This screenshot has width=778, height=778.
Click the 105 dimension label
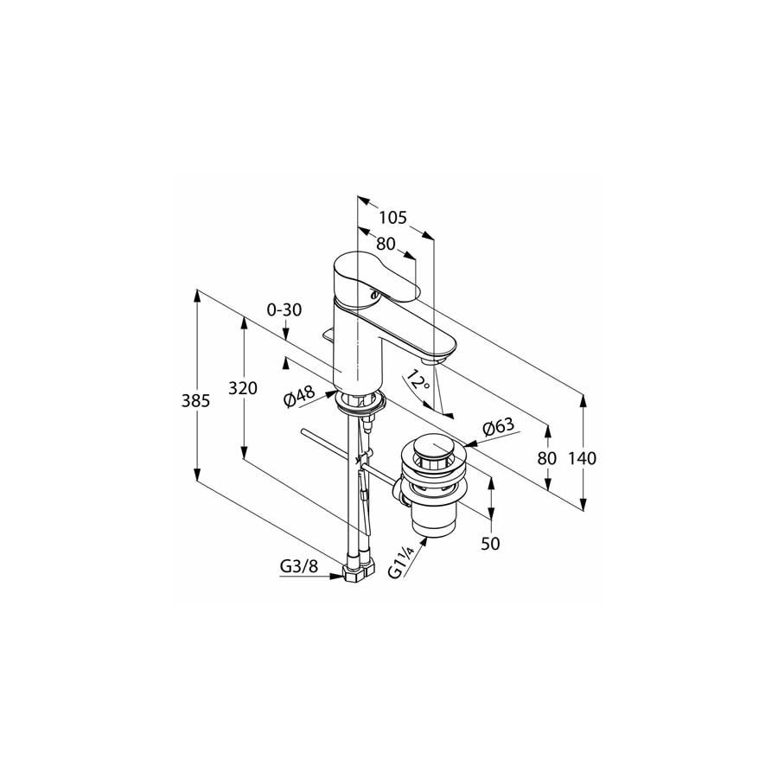393,217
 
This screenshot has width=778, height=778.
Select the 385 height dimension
195,400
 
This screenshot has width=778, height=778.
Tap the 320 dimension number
243,387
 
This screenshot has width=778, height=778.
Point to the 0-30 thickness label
284,309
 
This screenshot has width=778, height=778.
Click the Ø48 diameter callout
299,397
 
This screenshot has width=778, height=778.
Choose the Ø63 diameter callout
498,428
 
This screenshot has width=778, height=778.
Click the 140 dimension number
582,458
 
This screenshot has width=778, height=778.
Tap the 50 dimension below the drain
491,544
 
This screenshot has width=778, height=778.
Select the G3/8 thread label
299,566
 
